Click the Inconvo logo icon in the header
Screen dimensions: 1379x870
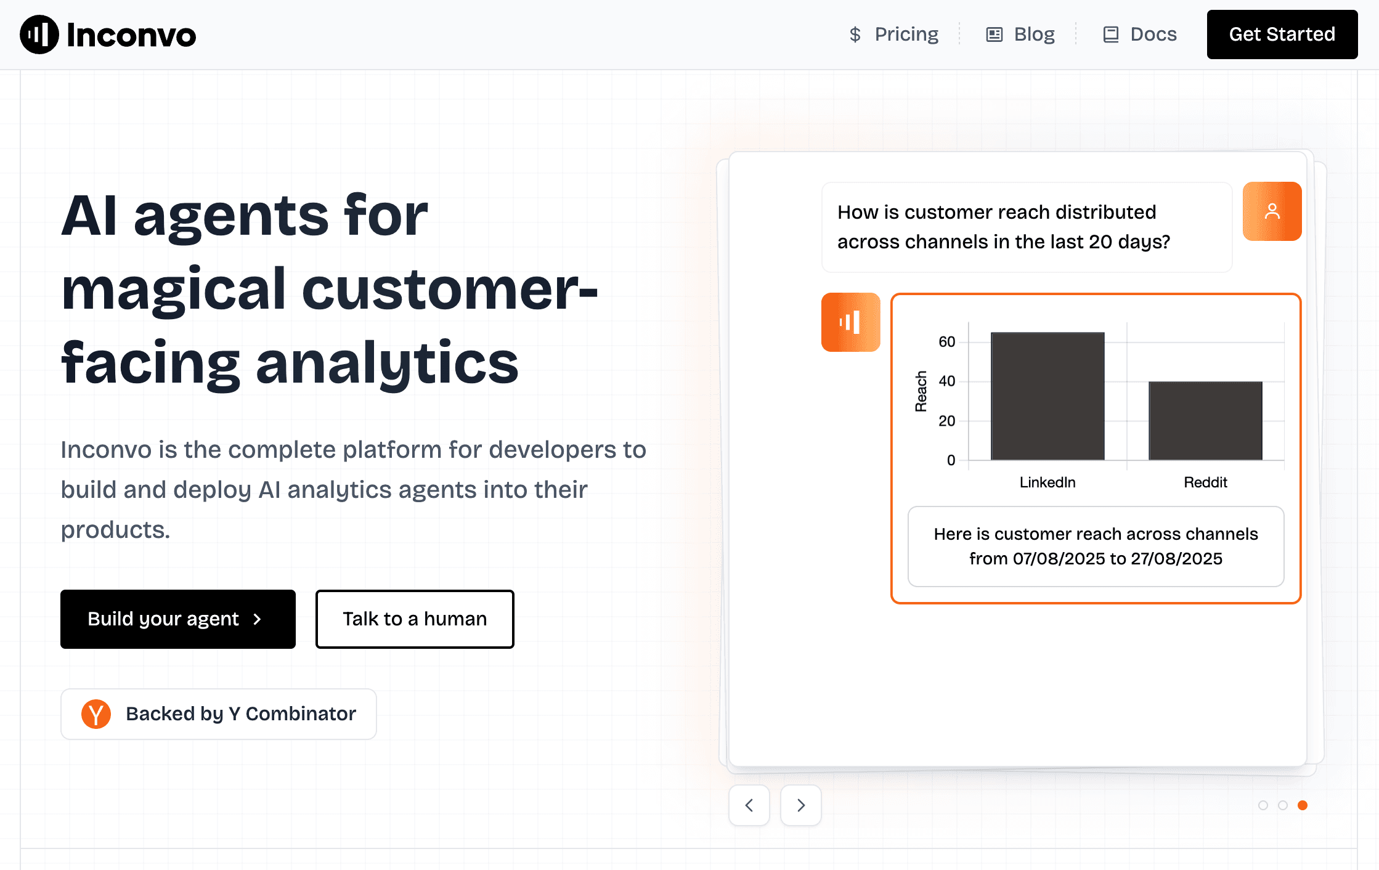39,35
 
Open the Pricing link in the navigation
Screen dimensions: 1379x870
893,35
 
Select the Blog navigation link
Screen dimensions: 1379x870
1020,35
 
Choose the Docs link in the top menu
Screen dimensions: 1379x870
1140,35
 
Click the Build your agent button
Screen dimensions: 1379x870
178,619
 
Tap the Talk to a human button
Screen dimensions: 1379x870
415,619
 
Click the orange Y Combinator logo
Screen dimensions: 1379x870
96,714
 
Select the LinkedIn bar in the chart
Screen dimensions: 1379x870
1047,396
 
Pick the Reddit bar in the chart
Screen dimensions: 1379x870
1205,421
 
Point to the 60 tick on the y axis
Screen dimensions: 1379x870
947,342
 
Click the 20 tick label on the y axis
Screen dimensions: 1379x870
947,421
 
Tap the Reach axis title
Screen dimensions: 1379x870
921,391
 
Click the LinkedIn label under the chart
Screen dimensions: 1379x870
1047,482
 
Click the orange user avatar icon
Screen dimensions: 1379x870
1272,211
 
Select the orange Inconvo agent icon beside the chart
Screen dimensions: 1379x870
851,322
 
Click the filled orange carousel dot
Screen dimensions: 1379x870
1303,805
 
